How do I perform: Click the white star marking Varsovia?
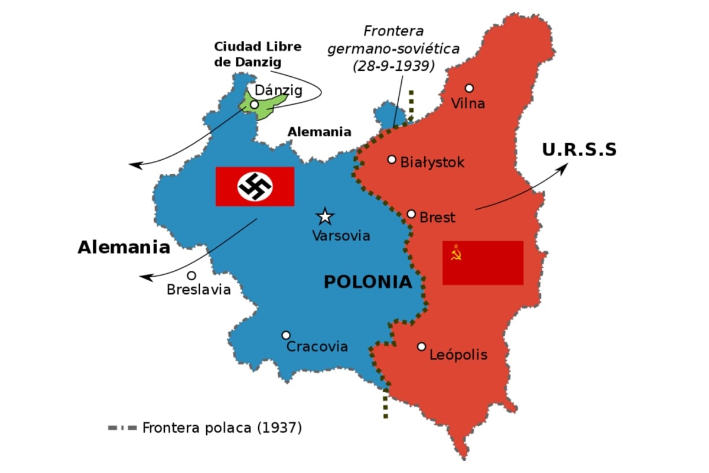tap(324, 216)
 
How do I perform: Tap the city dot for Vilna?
tap(469, 88)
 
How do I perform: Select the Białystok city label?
tap(432, 162)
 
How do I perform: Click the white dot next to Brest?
tap(412, 214)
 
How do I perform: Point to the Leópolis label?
tap(458, 355)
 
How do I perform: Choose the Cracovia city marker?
tap(286, 335)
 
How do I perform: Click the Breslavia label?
tap(199, 290)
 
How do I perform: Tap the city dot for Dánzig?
tap(254, 104)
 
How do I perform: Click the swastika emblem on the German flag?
tap(255, 186)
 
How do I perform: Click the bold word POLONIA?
tap(367, 282)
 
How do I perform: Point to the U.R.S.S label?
tap(579, 150)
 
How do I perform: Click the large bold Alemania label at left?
tap(123, 247)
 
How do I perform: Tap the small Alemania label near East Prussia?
tap(319, 132)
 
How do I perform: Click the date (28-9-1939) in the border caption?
tap(393, 66)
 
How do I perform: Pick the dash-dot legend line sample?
tap(122, 427)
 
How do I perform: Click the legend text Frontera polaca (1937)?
tap(222, 427)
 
